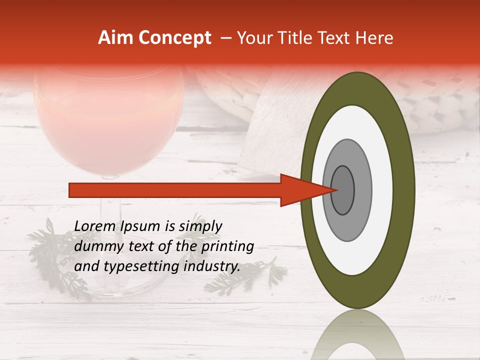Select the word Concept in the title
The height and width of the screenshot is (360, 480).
pos(174,38)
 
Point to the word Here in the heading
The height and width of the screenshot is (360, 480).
pos(376,38)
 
